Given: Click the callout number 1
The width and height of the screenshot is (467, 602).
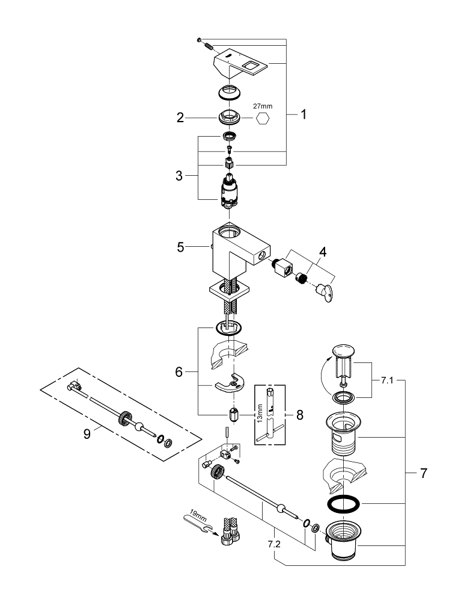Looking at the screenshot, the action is [304, 114].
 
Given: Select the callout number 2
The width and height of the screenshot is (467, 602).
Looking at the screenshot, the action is [180, 118].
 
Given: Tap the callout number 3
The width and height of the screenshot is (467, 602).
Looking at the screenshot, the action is [179, 176].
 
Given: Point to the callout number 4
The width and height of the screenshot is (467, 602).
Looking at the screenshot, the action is [323, 252].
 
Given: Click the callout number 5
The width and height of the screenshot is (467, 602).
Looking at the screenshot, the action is [180, 247].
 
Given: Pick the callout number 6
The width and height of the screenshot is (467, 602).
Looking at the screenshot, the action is [179, 371].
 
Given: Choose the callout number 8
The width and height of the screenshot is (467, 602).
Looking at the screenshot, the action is [300, 415].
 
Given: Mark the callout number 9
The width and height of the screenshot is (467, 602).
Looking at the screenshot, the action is [87, 434].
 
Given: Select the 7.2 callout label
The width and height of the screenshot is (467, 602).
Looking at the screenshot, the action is [275, 544].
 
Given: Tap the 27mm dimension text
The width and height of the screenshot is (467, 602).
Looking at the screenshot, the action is [262, 106].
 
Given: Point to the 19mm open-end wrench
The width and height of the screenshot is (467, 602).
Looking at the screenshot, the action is [198, 521].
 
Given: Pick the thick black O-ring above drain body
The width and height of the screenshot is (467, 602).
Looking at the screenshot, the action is [343, 504].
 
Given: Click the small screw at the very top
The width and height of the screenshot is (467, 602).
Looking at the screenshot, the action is [199, 40].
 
